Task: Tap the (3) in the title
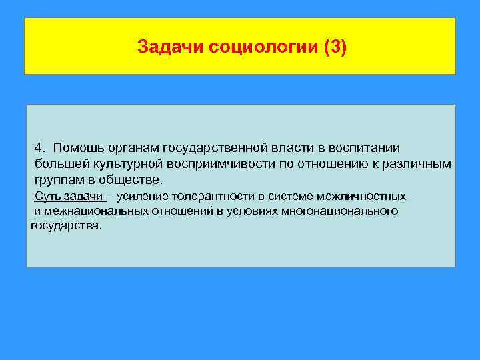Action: tap(335, 47)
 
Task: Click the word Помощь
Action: tap(77, 147)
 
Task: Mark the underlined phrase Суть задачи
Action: tap(69, 196)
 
